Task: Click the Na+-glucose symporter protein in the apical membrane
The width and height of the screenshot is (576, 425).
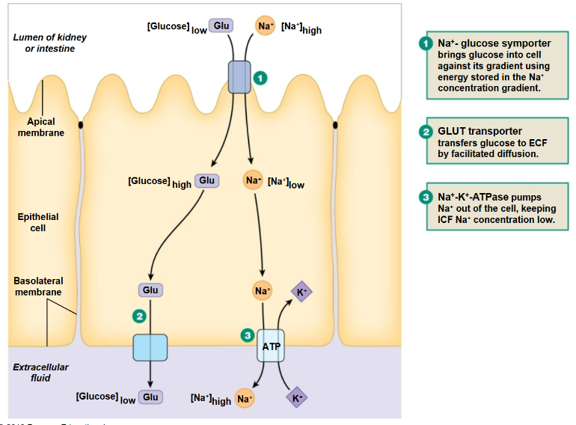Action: (239, 77)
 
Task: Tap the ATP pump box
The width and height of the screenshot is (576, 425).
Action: (270, 346)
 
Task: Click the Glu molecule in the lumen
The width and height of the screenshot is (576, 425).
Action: (221, 26)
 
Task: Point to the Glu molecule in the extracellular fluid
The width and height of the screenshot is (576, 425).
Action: (150, 397)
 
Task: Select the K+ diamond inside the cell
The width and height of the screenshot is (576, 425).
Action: (301, 292)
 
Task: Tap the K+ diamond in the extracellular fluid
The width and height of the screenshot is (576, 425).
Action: (297, 398)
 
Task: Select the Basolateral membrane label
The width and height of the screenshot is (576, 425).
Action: (38, 287)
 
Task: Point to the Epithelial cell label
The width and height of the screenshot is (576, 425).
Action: (38, 222)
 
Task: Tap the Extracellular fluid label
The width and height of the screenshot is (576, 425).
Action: (41, 373)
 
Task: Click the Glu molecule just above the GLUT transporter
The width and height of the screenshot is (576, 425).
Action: (150, 290)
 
